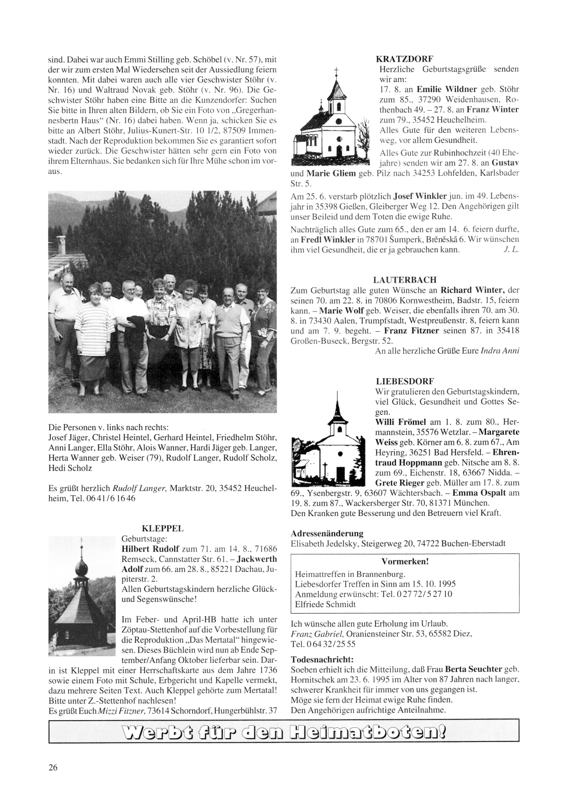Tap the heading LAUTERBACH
[405, 280]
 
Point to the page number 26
[53, 767]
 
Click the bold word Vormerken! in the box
[405, 562]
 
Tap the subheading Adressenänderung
[327, 533]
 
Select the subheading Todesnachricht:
[322, 660]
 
